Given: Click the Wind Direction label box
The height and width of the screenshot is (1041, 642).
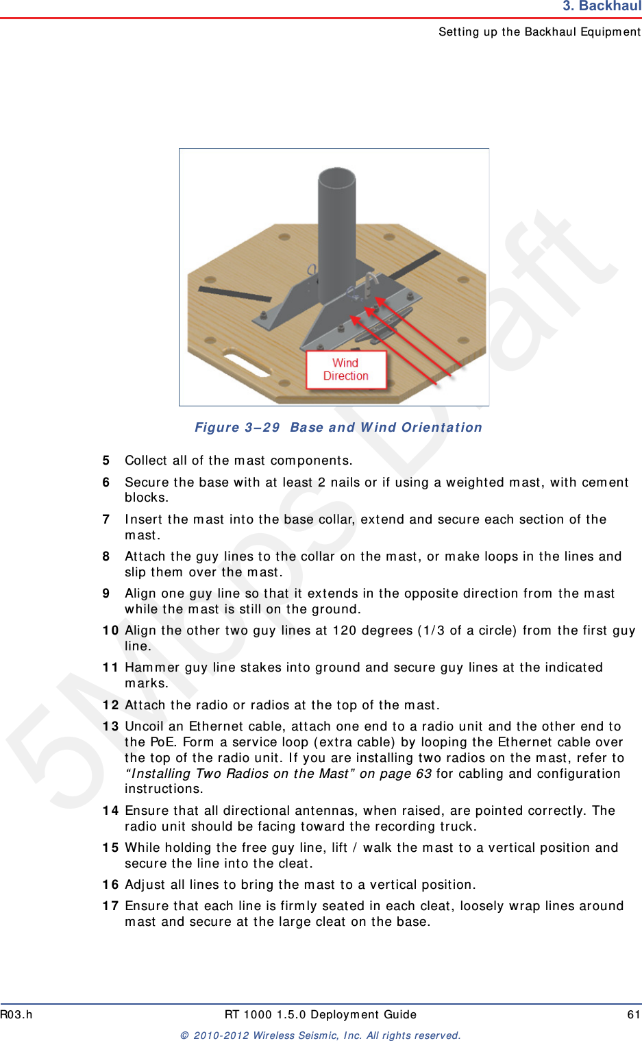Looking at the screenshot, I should pyautogui.click(x=346, y=370).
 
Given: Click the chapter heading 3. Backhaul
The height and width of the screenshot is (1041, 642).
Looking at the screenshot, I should pyautogui.click(x=601, y=7).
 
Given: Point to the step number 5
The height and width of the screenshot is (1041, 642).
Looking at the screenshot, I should pyautogui.click(x=106, y=461).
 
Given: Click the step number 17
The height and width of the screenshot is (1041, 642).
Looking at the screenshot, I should pyautogui.click(x=110, y=906).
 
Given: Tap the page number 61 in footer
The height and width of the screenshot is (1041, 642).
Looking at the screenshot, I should pyautogui.click(x=633, y=1015).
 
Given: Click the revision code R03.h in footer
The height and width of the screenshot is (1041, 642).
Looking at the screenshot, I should pyautogui.click(x=16, y=1015).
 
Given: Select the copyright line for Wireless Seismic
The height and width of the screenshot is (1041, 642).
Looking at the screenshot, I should pyautogui.click(x=321, y=1036).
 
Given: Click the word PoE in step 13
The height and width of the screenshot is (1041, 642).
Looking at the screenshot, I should pyautogui.click(x=162, y=742).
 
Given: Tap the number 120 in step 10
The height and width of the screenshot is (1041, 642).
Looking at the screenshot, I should pyautogui.click(x=345, y=630).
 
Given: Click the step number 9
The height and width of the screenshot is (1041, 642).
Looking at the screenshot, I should pyautogui.click(x=106, y=593).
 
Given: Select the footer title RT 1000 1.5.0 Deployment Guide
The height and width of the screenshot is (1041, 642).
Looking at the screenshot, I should pyautogui.click(x=321, y=1015).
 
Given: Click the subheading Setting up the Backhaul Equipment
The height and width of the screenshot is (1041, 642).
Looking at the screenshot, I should pyautogui.click(x=539, y=32).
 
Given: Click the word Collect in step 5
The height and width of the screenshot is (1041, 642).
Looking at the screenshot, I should pyautogui.click(x=145, y=461).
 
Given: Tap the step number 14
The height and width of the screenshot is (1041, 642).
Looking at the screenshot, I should pyautogui.click(x=110, y=811).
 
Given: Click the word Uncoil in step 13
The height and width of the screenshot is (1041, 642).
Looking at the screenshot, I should pyautogui.click(x=145, y=726).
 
